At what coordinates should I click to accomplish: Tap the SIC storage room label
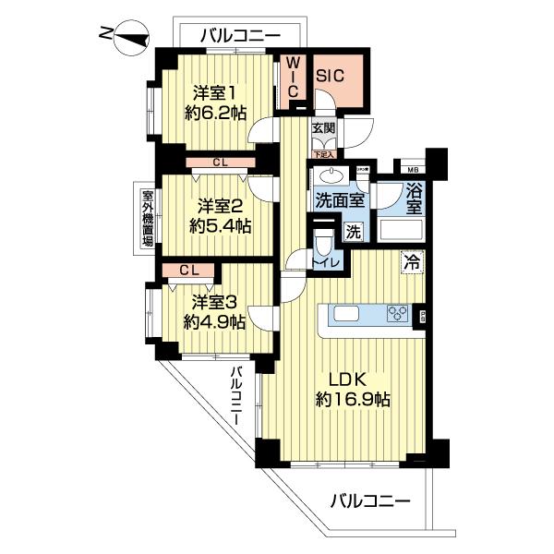click(x=331, y=78)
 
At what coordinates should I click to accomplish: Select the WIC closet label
click(x=290, y=78)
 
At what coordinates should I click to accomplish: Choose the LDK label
click(x=349, y=379)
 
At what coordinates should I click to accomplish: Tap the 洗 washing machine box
click(x=353, y=232)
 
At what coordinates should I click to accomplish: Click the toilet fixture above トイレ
click(x=321, y=243)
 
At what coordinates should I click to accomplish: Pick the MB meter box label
click(x=409, y=169)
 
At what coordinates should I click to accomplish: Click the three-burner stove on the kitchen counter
click(x=397, y=314)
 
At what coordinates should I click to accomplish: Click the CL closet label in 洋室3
click(x=188, y=270)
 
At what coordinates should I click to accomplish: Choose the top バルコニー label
click(x=239, y=34)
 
